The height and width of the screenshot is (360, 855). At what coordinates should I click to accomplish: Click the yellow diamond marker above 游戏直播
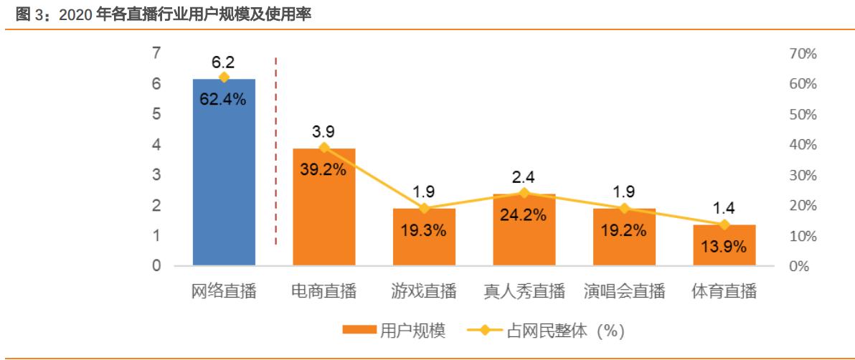pyautogui.click(x=424, y=209)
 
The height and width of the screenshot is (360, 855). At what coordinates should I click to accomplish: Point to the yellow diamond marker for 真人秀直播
pyautogui.click(x=524, y=193)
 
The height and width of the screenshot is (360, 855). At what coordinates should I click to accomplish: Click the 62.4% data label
pyautogui.click(x=223, y=100)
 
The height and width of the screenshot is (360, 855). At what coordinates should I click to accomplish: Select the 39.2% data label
pyautogui.click(x=323, y=170)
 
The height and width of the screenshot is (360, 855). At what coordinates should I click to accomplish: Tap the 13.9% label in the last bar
pyautogui.click(x=724, y=247)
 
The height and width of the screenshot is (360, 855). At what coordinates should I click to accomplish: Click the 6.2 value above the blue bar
pyautogui.click(x=223, y=62)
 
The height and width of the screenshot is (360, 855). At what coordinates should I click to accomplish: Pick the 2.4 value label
pyautogui.click(x=524, y=176)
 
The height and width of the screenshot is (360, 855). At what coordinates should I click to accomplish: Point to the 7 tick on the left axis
pyautogui.click(x=156, y=53)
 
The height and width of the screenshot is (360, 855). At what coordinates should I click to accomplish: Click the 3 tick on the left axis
pyautogui.click(x=156, y=175)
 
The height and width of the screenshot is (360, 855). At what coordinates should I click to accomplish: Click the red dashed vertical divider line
pyautogui.click(x=276, y=151)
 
